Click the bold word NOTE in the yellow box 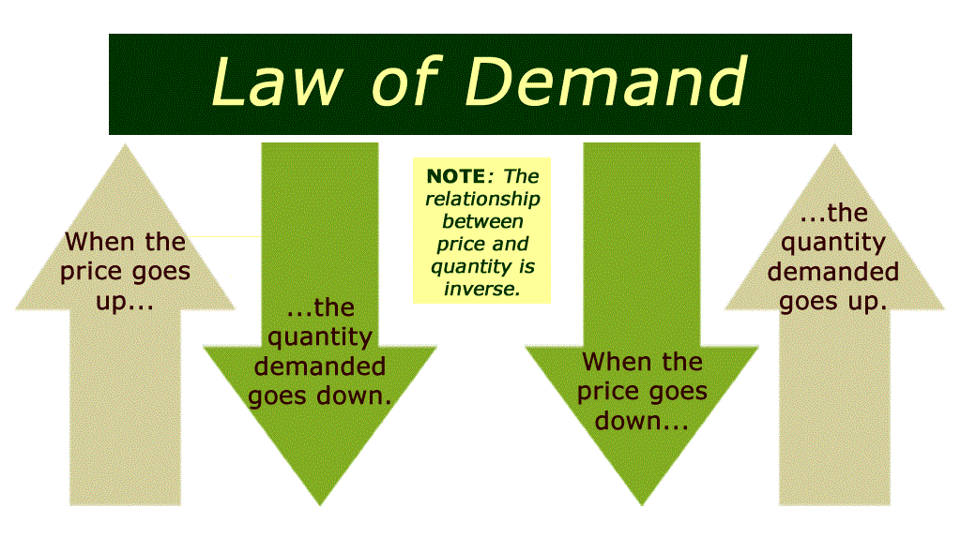tap(455, 176)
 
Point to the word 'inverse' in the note tap(480, 289)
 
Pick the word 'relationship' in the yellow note tap(482, 199)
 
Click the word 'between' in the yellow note tap(482, 221)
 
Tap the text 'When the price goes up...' tap(125, 272)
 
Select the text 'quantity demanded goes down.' tap(319, 366)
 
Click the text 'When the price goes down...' tap(643, 391)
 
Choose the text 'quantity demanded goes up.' tap(833, 272)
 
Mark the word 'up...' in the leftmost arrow tap(125, 303)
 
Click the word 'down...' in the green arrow tap(642, 422)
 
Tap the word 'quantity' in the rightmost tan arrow tap(833, 243)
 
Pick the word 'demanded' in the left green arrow tap(319, 366)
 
